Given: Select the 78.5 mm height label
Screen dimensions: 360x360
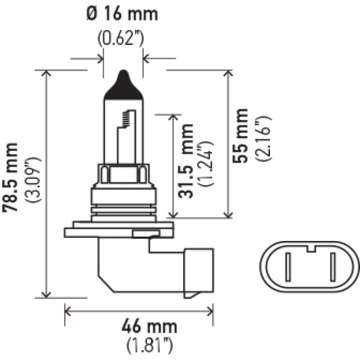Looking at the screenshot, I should [11, 177].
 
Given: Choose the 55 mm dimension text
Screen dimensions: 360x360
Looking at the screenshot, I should [241, 135].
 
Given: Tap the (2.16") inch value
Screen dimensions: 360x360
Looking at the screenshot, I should [262, 135].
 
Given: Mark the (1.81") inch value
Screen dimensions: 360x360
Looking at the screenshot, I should [150, 346].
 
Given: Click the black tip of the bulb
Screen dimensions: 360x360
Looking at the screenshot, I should [123, 87].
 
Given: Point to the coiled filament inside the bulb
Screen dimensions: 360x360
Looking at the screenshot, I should [126, 119].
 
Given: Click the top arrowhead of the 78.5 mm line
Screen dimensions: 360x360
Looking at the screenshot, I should [46, 74].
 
